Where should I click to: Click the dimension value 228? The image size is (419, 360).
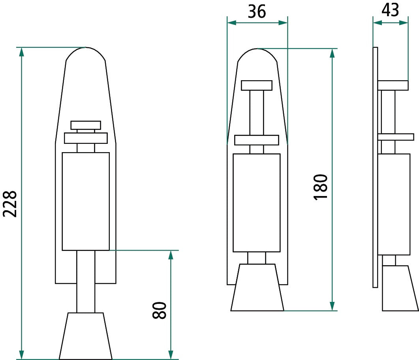pyautogui.click(x=10, y=204)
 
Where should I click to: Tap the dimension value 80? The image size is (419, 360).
pyautogui.click(x=159, y=310)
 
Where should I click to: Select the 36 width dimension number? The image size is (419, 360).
pyautogui.click(x=257, y=11)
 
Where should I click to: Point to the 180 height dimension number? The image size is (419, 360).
pyautogui.click(x=320, y=187)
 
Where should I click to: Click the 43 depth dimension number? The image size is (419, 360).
pyautogui.click(x=390, y=10)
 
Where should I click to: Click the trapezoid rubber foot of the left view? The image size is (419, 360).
pyautogui.click(x=86, y=336)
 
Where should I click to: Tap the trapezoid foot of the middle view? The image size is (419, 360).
pyautogui.click(x=257, y=288)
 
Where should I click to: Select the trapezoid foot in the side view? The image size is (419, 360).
pyautogui.click(x=400, y=288)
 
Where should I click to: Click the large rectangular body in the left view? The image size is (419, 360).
pyautogui.click(x=86, y=202)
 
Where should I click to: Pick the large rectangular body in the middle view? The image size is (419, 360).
pyautogui.click(x=257, y=203)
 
